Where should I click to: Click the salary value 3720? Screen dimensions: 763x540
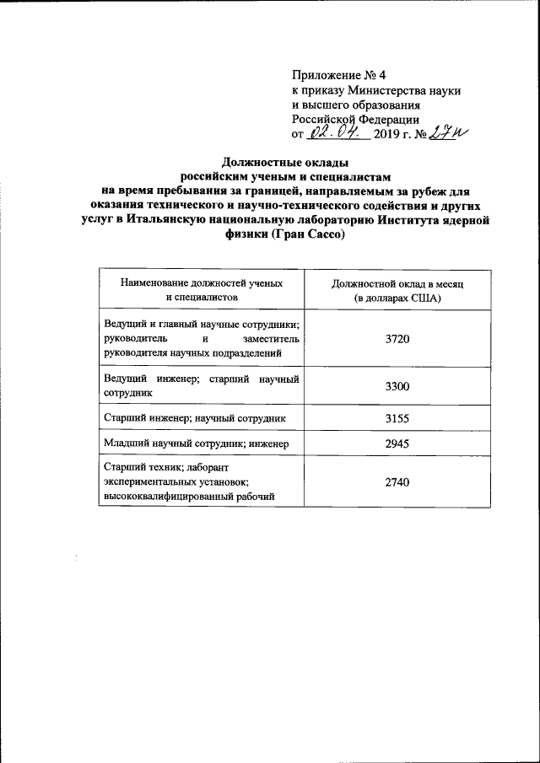(x=397, y=339)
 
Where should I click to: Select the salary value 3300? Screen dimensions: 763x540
(x=397, y=387)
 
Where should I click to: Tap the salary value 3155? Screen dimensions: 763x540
(x=397, y=417)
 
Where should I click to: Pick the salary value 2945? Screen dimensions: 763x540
(x=397, y=443)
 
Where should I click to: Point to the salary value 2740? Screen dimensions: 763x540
(x=397, y=481)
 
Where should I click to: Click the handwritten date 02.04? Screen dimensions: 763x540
(x=335, y=133)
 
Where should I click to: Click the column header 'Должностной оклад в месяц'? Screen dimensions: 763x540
(x=397, y=284)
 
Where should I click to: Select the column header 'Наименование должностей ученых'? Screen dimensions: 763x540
(x=202, y=284)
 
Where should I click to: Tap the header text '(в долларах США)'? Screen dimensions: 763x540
(x=397, y=298)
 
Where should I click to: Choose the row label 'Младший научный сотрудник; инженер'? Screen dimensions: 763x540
(x=196, y=443)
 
